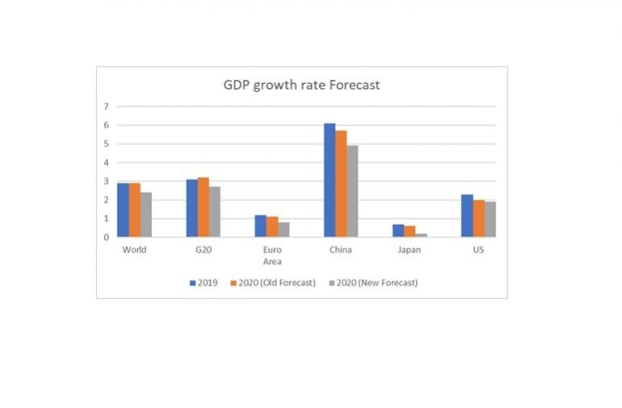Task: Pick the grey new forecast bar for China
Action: (352, 191)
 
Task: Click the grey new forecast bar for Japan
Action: (421, 235)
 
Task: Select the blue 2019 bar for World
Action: (123, 210)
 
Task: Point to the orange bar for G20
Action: (203, 207)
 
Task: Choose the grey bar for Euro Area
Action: (284, 229)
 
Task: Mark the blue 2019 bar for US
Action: (467, 216)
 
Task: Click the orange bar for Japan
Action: (410, 231)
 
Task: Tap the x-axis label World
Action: (134, 250)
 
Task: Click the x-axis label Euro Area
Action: (272, 255)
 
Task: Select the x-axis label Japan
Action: (410, 250)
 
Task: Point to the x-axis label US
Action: (478, 250)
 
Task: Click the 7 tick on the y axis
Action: (106, 107)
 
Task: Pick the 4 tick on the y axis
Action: (106, 162)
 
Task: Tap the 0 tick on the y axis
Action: (106, 238)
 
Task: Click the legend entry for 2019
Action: (204, 283)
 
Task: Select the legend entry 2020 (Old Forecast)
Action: (272, 283)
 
